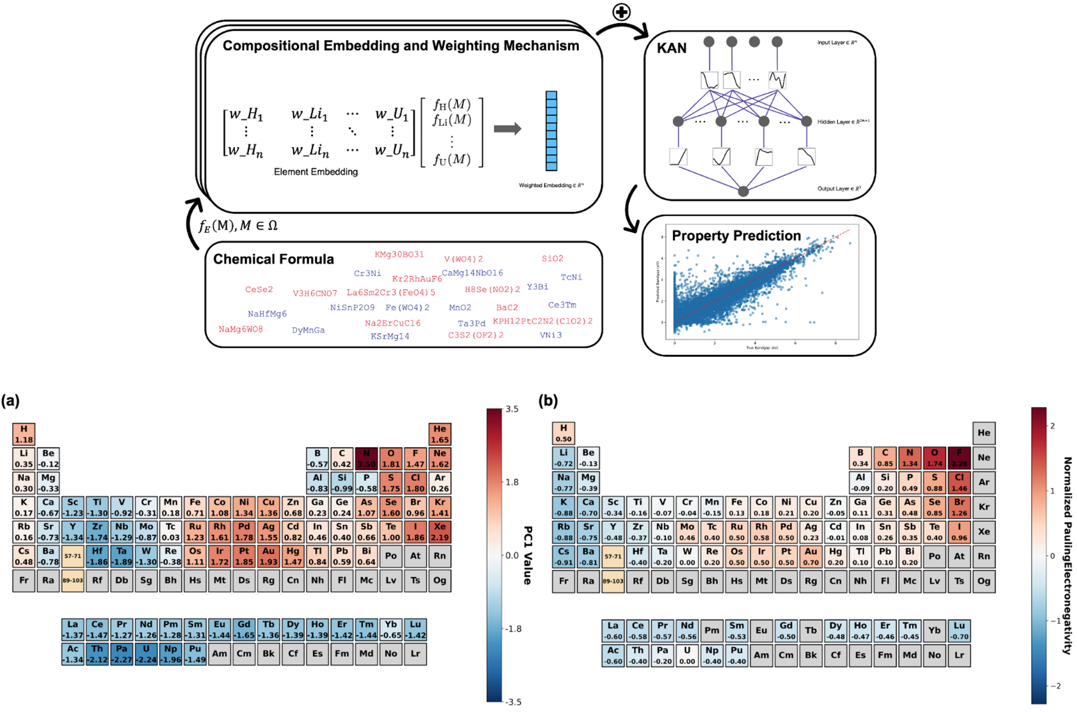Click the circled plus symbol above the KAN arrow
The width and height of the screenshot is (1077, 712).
[621, 12]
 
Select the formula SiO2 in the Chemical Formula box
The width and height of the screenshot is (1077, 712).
[552, 258]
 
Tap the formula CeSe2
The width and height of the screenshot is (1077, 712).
[259, 289]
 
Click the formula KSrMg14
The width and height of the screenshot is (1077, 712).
[389, 337]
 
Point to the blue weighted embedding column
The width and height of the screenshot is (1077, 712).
[551, 131]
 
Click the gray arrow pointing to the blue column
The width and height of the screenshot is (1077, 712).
[507, 129]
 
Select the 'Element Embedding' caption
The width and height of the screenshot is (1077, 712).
[316, 172]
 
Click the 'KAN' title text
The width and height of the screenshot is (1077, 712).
[672, 48]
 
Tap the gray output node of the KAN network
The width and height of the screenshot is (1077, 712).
[743, 191]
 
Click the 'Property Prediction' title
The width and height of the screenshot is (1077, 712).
[736, 236]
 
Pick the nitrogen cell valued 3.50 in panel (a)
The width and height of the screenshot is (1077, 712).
[366, 459]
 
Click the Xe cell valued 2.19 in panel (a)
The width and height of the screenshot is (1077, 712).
[439, 532]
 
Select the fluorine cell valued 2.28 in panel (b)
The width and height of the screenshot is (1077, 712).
[959, 458]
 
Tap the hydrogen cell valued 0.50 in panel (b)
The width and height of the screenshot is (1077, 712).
[563, 433]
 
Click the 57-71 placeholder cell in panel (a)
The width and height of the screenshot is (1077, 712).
[72, 556]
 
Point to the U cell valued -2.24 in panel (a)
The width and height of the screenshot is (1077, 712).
[146, 654]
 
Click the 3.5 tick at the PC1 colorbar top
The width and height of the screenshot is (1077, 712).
[512, 409]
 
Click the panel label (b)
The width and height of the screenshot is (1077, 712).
[548, 401]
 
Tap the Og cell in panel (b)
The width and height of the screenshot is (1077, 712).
[983, 581]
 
